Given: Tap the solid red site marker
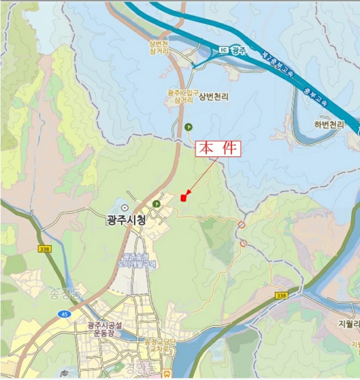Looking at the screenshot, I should pos(184,198).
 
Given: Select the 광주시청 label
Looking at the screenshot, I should pos(126,220).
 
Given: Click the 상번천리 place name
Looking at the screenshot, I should pos(213,97).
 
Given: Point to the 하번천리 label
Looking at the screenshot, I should pos(329,124).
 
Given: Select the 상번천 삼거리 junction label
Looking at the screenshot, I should pos(159,47).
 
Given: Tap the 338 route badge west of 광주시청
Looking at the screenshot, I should pos(44,248).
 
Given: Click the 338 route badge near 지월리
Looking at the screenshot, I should pos(281,295).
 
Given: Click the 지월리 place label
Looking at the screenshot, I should pos(348,323).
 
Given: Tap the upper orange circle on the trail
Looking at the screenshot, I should pos(242,225).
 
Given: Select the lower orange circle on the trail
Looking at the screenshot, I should pos(243,243).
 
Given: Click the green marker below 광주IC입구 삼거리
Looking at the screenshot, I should pos(188,126).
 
